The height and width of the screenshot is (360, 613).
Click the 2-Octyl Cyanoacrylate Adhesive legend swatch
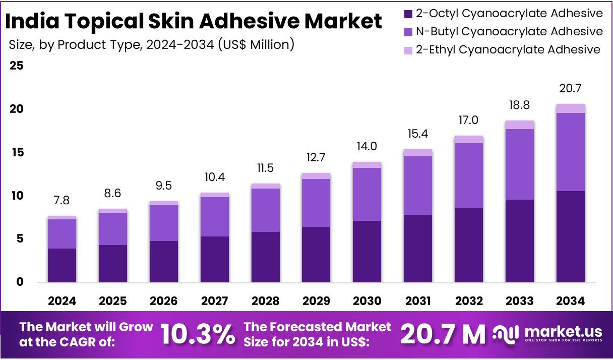click(408, 14)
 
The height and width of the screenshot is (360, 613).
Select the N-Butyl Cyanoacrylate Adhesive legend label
click(509, 32)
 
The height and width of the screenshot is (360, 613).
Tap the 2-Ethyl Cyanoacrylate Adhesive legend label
click(508, 49)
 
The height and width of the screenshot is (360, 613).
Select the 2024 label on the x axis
click(62, 301)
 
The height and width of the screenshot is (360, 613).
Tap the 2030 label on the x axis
click(367, 301)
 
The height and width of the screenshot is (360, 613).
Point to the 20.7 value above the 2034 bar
click(571, 89)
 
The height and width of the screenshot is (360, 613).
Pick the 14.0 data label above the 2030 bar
click(367, 147)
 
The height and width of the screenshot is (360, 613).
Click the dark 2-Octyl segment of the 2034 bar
click(571, 236)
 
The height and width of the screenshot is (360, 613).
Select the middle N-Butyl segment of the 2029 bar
click(316, 203)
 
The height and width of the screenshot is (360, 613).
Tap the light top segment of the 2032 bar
click(469, 139)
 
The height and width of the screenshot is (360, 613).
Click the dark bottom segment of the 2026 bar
click(164, 261)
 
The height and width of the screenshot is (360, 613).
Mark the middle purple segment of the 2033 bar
click(520, 164)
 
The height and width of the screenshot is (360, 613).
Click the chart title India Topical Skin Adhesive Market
click(194, 22)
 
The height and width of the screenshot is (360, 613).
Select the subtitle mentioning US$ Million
click(151, 45)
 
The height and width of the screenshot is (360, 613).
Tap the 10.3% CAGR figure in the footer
click(198, 333)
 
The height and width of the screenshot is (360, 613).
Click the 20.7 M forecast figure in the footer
click(443, 333)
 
